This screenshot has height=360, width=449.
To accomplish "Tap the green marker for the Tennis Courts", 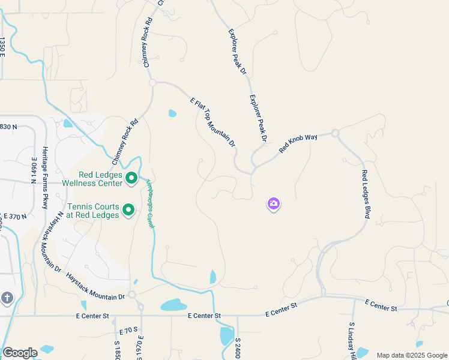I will point(128,209).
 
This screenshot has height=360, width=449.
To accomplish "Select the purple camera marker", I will point(274,205).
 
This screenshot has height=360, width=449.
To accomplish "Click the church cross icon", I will point(7,298).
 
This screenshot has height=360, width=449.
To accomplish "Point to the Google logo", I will point(20,353).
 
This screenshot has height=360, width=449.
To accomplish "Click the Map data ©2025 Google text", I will point(412,355).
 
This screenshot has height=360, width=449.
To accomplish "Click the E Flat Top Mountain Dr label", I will point(212,123).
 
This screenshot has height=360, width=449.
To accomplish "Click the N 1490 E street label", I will point(34,169).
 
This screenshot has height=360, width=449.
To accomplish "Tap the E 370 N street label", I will point(14,215).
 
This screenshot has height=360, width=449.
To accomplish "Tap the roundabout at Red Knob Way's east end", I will point(335,133).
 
